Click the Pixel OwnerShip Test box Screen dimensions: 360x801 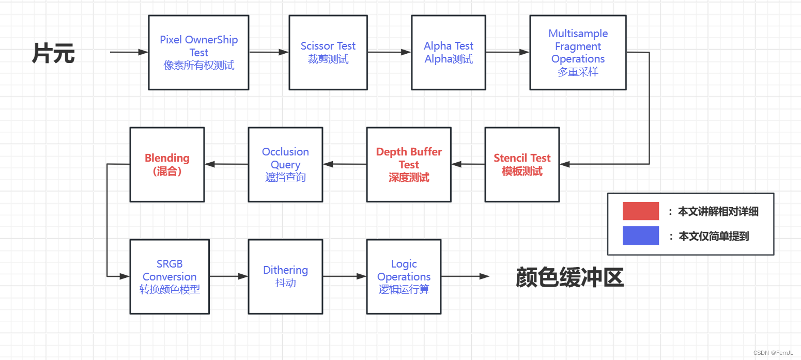[x=198, y=52]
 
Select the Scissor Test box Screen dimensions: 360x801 [x=328, y=52]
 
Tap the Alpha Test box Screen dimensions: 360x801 [x=449, y=52]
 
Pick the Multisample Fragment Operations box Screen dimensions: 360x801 [x=578, y=52]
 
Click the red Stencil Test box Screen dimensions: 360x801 [x=522, y=164]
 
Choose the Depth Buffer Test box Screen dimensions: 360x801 [x=409, y=164]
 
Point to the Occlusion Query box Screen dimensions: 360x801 [x=285, y=164]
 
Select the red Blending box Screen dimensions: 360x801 [x=167, y=164]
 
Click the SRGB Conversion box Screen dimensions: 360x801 [x=170, y=276]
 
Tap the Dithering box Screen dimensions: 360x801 [x=285, y=276]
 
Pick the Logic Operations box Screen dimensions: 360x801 [x=404, y=276]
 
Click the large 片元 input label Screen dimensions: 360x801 [x=53, y=53]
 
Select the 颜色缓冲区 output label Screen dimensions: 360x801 [x=569, y=277]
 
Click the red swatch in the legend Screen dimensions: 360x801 [x=640, y=211]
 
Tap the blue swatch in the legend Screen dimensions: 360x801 [x=640, y=236]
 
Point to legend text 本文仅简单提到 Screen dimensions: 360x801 [x=713, y=237]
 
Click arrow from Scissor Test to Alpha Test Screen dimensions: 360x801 [x=389, y=52]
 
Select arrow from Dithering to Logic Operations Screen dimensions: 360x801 [x=345, y=276]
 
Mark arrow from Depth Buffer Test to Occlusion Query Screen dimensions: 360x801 [x=345, y=164]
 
